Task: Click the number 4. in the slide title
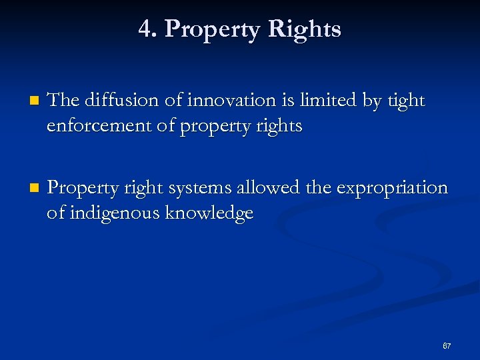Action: (147, 29)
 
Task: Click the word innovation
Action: (217, 100)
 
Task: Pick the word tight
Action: (406, 101)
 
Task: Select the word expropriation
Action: (392, 189)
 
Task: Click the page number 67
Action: (447, 346)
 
